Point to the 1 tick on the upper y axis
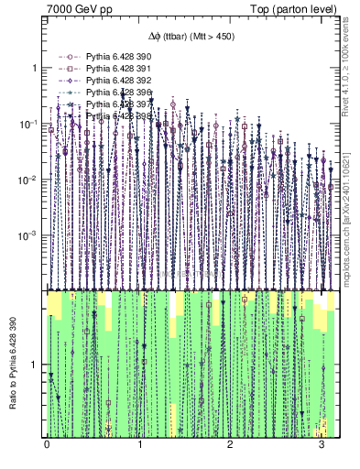37,69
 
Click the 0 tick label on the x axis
47,446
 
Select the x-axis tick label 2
231,446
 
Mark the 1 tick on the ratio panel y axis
37,365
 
